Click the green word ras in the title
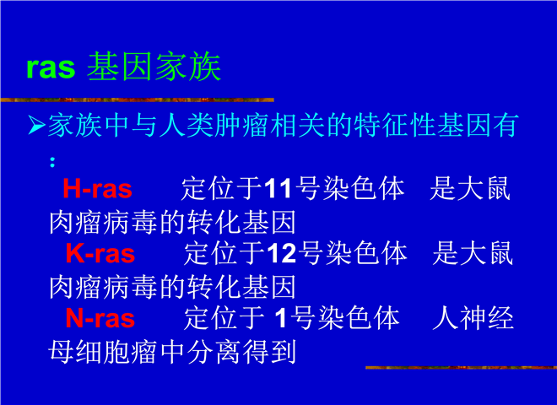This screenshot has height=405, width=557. [51, 67]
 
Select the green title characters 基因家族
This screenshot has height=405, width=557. [154, 67]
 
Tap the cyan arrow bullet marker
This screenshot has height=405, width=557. [36, 126]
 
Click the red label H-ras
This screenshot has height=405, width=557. [97, 189]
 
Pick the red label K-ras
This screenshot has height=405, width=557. [100, 254]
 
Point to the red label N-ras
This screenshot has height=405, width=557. [100, 318]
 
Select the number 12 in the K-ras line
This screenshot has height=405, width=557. [281, 254]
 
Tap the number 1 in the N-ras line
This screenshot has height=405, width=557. [281, 318]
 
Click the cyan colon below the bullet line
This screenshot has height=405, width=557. [52, 162]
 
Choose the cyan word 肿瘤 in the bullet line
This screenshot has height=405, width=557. [229, 126]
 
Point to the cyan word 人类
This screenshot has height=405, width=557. [173, 126]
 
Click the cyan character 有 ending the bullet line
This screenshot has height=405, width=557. [505, 126]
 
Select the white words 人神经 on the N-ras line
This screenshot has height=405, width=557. [473, 318]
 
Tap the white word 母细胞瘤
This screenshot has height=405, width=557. [102, 352]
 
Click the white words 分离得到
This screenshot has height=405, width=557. [241, 352]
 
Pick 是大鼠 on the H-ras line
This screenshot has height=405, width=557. [470, 189]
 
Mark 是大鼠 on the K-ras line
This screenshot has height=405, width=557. [473, 254]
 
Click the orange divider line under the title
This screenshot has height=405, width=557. [137, 100]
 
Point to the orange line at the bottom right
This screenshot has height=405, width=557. [461, 367]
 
